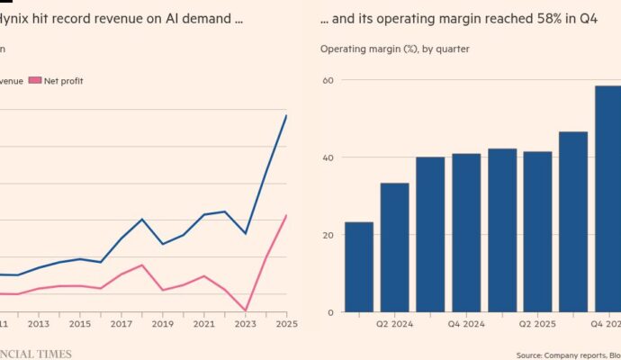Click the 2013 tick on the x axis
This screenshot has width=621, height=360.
pos(39,324)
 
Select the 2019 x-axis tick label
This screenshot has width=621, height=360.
pos(162,324)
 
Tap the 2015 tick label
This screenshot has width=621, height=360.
pos(80,324)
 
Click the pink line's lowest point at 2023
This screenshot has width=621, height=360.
pos(245,310)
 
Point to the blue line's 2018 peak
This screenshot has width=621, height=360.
pos(142,219)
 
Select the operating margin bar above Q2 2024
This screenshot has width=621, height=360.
pos(394,247)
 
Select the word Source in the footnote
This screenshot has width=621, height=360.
pos(532,354)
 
